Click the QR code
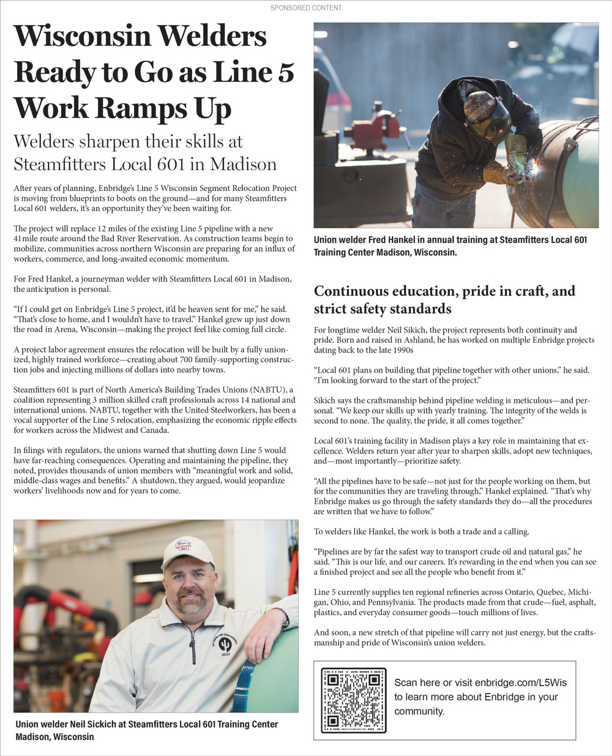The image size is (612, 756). [353, 700]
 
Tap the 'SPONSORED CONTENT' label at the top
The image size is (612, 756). [306, 8]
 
